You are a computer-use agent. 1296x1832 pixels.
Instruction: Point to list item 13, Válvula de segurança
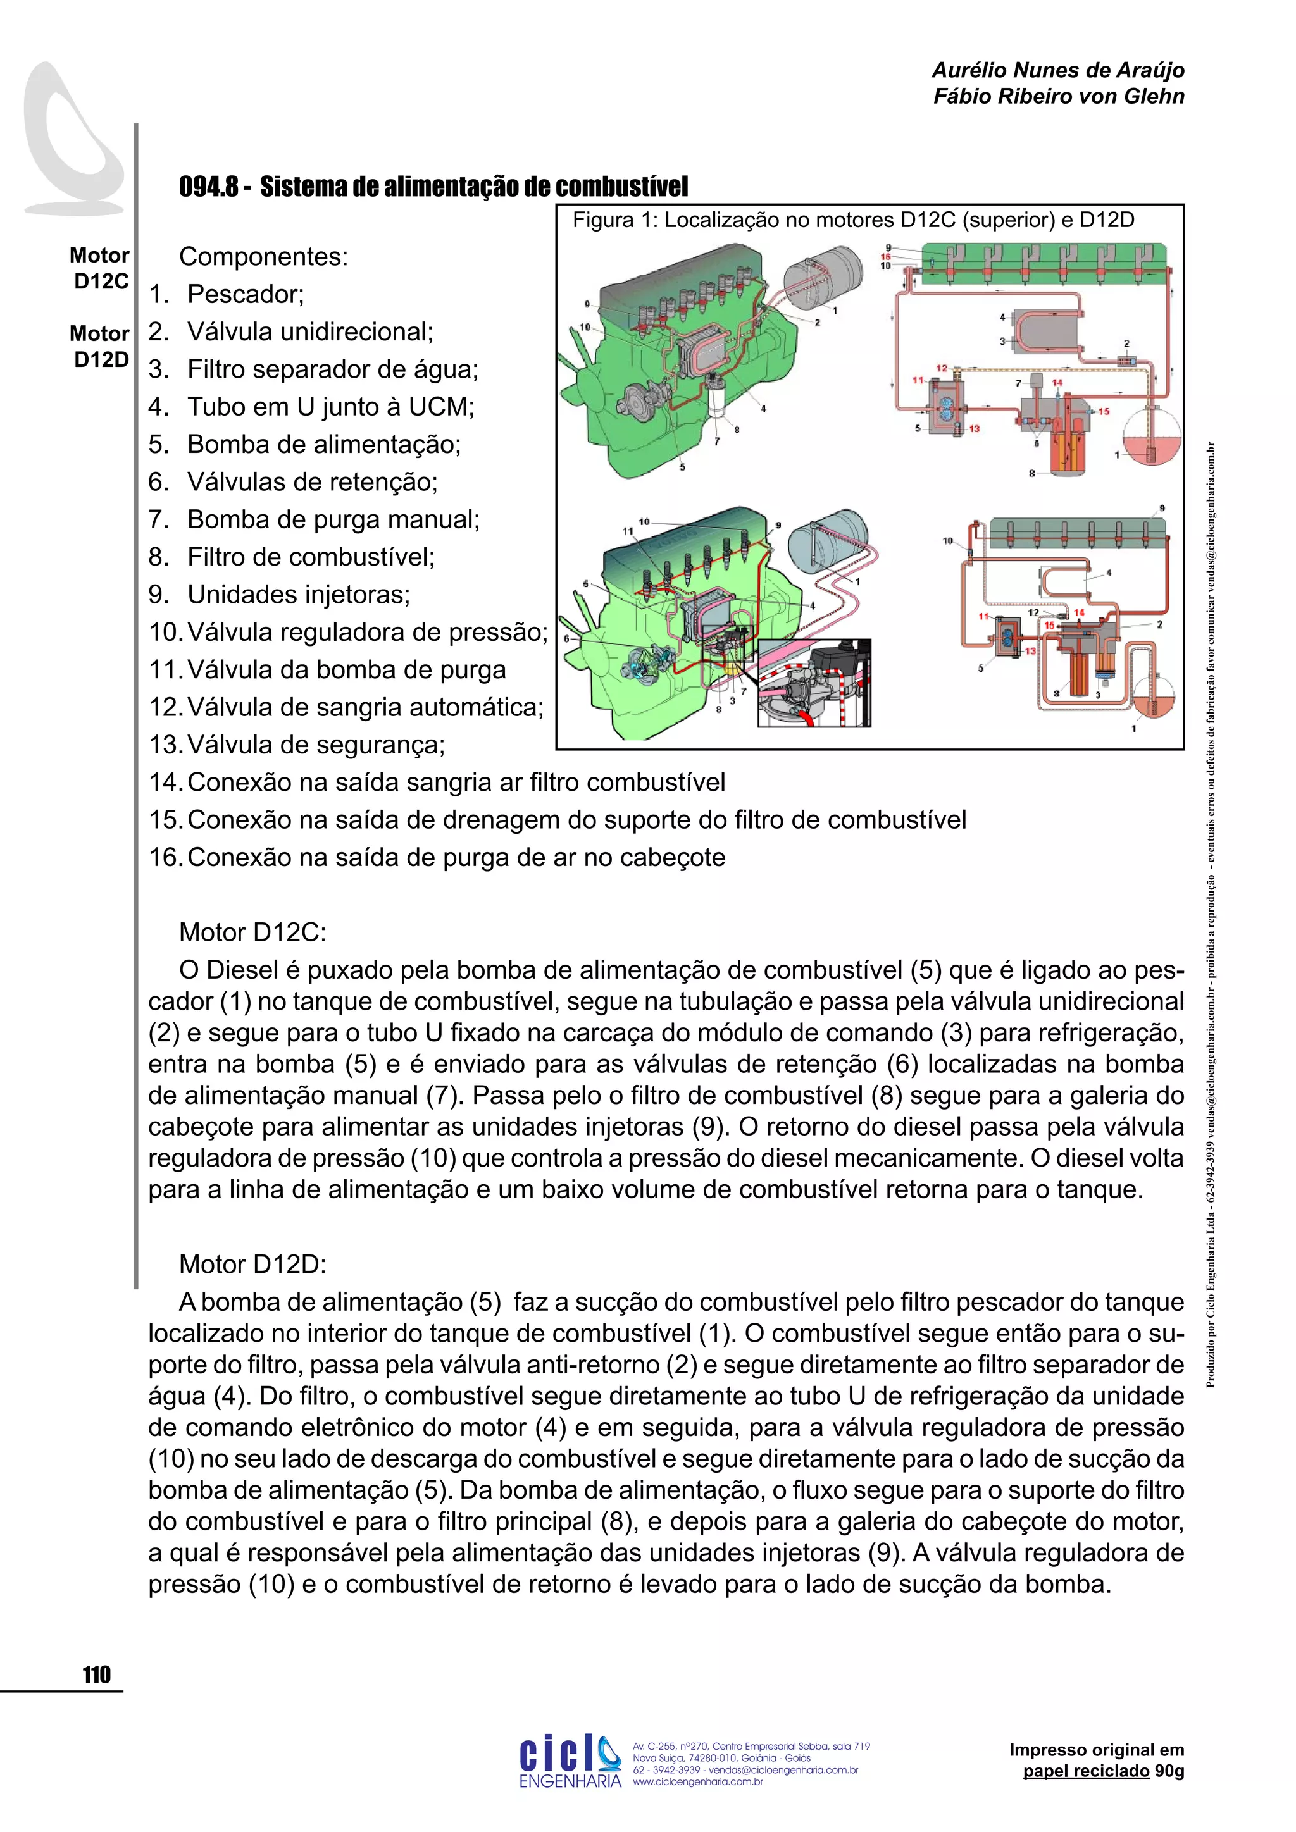click(315, 745)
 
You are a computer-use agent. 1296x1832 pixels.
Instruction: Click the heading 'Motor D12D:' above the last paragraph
click(252, 1264)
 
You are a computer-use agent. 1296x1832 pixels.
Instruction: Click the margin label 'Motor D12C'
click(100, 268)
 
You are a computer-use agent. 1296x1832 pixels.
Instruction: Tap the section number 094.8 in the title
click(208, 187)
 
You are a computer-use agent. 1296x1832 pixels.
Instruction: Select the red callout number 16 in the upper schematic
click(885, 257)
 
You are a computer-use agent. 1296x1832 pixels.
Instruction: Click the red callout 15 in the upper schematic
click(1104, 412)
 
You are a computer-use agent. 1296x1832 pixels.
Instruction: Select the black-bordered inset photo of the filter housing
click(814, 683)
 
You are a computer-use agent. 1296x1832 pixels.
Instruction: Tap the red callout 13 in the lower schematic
click(1030, 651)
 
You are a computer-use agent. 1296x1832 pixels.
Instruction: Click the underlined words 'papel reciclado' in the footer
click(1086, 1771)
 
